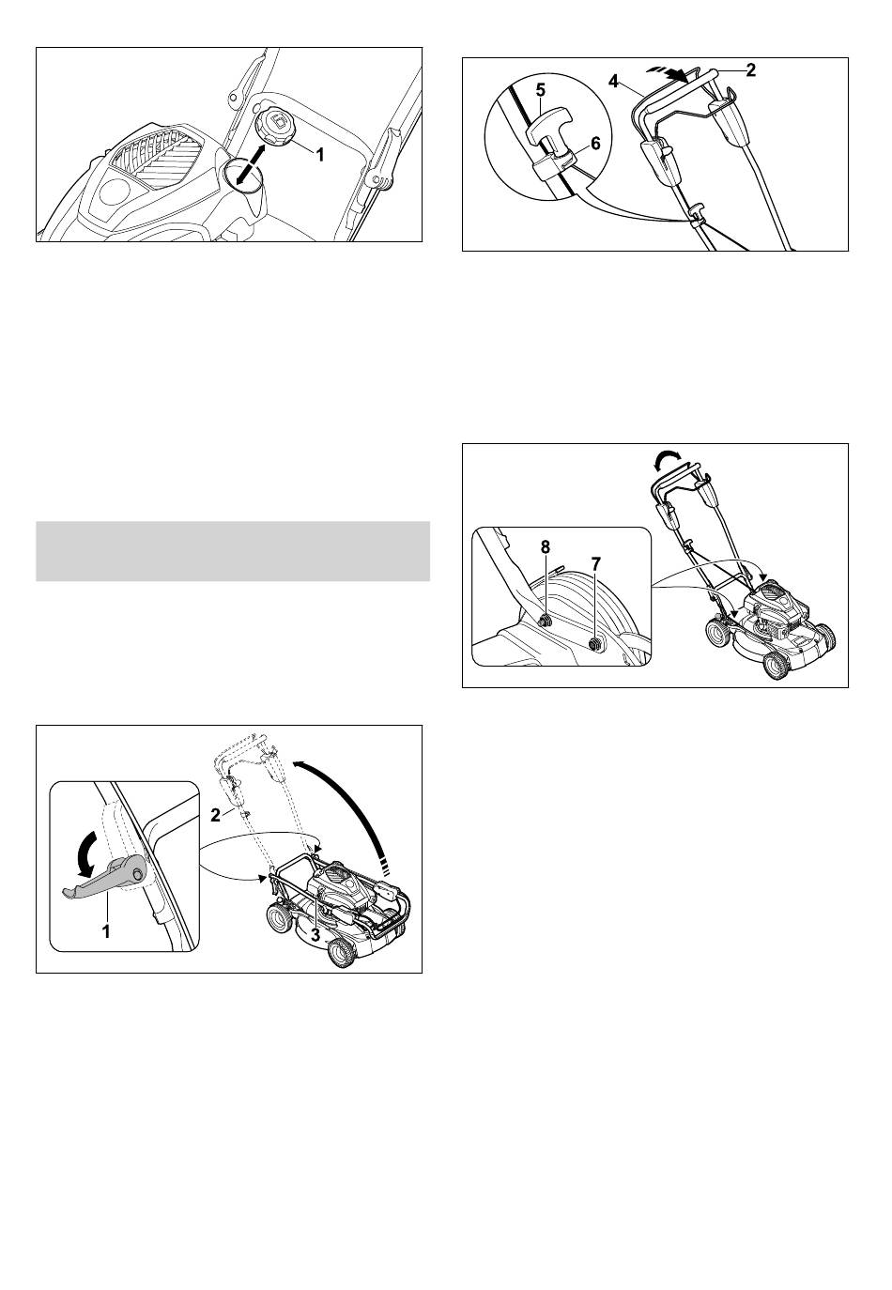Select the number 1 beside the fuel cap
319,154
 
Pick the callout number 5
540,90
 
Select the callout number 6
595,144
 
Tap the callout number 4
614,82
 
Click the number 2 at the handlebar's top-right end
750,70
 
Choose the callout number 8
546,547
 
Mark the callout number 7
596,562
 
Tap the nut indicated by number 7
595,643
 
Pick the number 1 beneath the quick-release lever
106,931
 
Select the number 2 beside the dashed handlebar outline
215,815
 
